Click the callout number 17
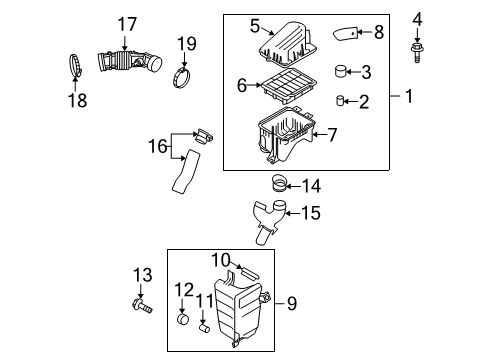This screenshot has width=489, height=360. (125, 24)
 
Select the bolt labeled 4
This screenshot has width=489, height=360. (417, 45)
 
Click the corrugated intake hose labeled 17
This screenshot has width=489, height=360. (127, 62)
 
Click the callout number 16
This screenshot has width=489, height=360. (157, 147)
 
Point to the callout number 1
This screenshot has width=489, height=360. (407, 96)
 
